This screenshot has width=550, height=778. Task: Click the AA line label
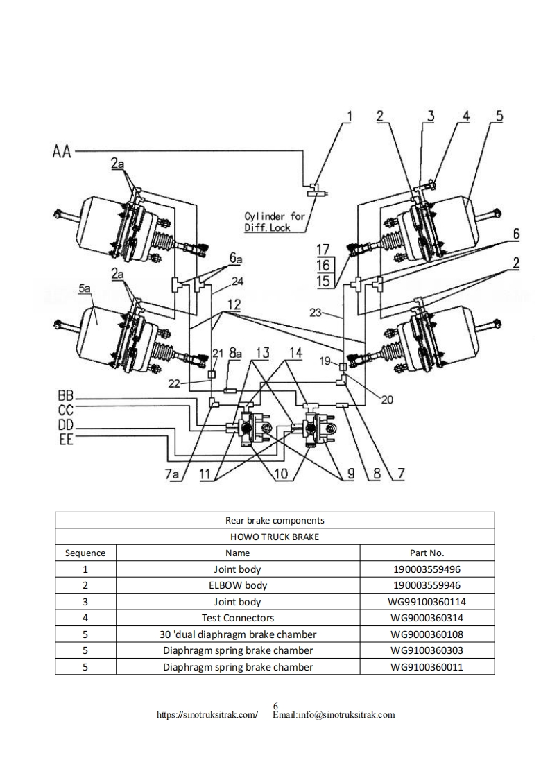pyautogui.click(x=62, y=151)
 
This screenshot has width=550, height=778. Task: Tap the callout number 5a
pyautogui.click(x=85, y=288)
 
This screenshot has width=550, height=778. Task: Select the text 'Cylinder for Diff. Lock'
pyautogui.click(x=275, y=222)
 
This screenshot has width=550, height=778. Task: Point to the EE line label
pyautogui.click(x=66, y=439)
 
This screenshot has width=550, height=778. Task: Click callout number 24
pyautogui.click(x=237, y=282)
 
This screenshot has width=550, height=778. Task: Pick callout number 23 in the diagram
pyautogui.click(x=316, y=313)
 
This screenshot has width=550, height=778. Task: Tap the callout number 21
pyautogui.click(x=218, y=353)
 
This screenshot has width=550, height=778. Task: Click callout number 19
pyautogui.click(x=325, y=361)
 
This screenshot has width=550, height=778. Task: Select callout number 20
pyautogui.click(x=387, y=399)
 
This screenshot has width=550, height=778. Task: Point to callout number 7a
pyautogui.click(x=172, y=474)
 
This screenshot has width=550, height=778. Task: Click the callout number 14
pyautogui.click(x=295, y=353)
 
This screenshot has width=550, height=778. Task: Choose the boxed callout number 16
pyautogui.click(x=323, y=265)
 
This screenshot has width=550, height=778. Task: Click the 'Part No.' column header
pyautogui.click(x=427, y=553)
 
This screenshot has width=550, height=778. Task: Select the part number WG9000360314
pyautogui.click(x=427, y=618)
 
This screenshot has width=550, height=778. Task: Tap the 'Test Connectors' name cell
pyautogui.click(x=238, y=618)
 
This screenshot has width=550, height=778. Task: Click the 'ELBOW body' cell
pyautogui.click(x=238, y=585)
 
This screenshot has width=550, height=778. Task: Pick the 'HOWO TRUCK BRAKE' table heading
pyautogui.click(x=275, y=537)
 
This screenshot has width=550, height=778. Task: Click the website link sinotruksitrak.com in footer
pyautogui.click(x=207, y=714)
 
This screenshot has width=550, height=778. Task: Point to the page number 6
pyautogui.click(x=275, y=706)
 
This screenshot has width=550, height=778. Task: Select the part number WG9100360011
pyautogui.click(x=427, y=667)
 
